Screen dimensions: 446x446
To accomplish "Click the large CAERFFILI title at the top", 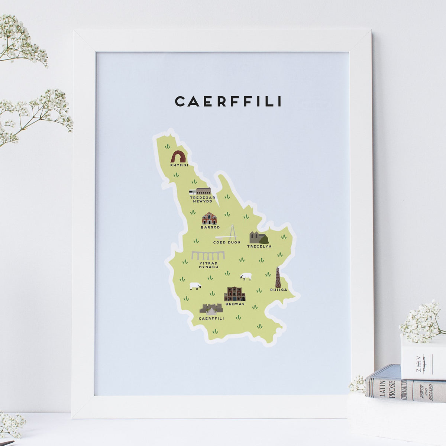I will click(228, 101).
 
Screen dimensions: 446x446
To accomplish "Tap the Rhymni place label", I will click(179, 165).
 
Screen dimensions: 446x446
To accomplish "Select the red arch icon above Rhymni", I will click(178, 156).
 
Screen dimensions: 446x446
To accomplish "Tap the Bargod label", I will click(210, 227).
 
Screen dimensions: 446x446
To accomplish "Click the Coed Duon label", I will click(227, 242).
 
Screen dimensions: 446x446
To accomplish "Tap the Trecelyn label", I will click(259, 246).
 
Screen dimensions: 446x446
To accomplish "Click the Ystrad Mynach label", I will click(209, 265).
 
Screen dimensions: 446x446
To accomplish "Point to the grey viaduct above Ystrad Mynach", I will click(208, 256).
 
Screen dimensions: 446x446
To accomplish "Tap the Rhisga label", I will click(279, 290).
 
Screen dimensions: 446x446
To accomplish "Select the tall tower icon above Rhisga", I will click(278, 277).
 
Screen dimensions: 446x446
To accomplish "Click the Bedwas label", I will click(235, 304).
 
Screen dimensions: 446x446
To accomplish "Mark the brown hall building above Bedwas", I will click(235, 294).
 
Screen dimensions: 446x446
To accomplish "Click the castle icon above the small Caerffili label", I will click(211, 309).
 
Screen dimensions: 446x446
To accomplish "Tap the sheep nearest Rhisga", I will click(246, 277).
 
